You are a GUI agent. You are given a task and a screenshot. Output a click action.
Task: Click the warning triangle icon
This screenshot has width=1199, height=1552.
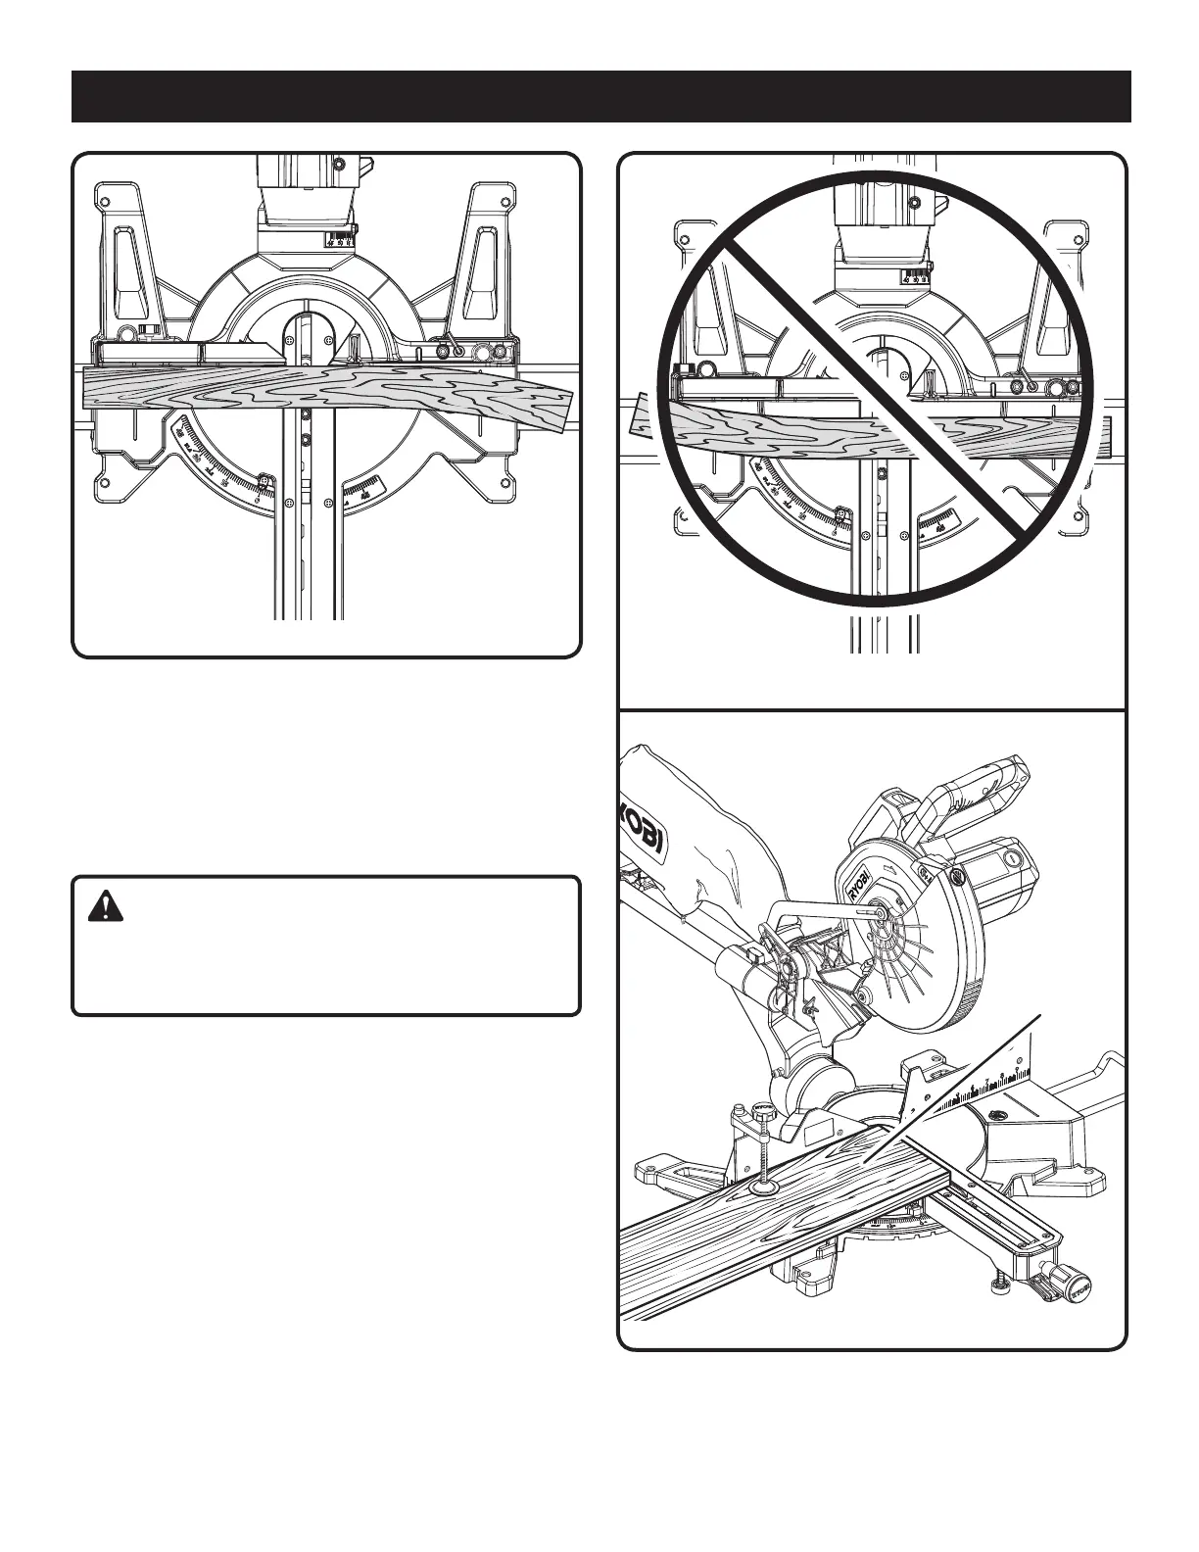click(100, 908)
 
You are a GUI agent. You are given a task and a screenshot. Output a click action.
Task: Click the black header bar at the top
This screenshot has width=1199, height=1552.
click(600, 96)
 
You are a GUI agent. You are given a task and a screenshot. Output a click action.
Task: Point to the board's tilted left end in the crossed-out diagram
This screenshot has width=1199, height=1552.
click(641, 413)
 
